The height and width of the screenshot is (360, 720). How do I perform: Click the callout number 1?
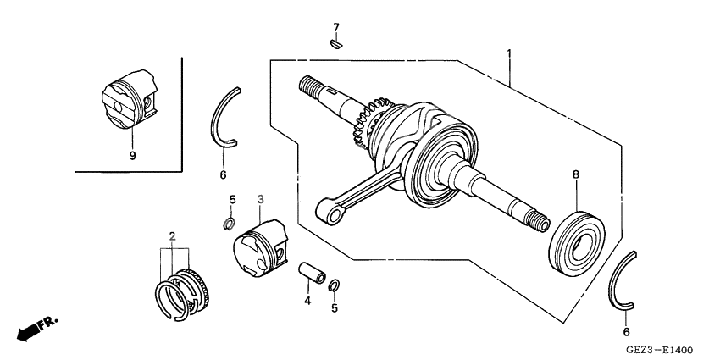509,53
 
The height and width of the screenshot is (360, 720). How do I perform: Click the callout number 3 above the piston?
261,198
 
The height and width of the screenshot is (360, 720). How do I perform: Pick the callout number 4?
307,300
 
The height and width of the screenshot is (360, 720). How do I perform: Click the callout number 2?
172,235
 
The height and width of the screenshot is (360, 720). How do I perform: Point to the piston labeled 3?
260,247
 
